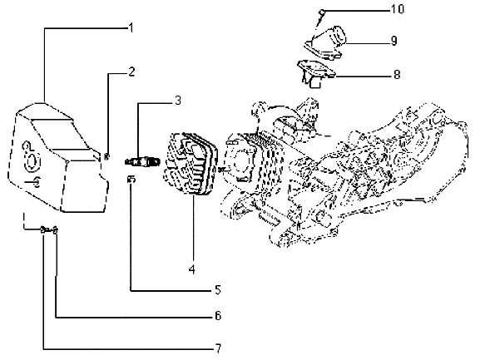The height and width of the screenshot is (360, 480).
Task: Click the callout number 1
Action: click(131, 28)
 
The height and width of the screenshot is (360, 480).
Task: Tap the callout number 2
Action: click(131, 72)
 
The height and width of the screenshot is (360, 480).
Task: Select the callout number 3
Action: click(178, 101)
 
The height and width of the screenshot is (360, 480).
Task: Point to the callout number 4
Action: click(192, 269)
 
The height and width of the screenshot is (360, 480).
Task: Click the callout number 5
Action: click(218, 289)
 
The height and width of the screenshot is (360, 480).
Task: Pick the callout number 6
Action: click(218, 315)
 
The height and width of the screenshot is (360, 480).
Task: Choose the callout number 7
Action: click(218, 348)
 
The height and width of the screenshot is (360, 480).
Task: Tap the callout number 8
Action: click(397, 74)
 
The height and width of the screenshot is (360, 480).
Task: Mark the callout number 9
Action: click(394, 41)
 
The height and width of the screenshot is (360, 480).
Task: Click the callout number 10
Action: click(398, 9)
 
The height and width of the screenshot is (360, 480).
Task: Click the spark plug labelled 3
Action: click(142, 161)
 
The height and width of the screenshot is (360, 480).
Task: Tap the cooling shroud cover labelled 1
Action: click(57, 157)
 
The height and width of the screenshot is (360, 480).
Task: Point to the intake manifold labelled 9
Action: click(325, 42)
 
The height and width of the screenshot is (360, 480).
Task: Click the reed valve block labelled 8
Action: click(316, 73)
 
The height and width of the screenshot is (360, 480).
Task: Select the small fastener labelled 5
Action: click(131, 180)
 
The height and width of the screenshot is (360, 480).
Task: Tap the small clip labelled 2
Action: click(106, 156)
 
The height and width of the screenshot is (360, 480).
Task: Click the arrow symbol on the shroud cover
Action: click(32, 182)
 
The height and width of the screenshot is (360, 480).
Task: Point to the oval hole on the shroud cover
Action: click(32, 161)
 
